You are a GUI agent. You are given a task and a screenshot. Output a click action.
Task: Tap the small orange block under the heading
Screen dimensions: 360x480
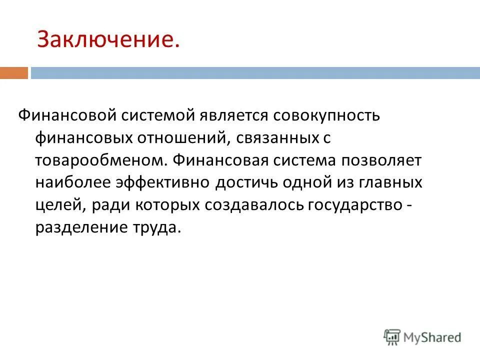tap(14, 73)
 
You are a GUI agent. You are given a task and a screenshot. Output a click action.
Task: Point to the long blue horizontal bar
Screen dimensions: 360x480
tap(255, 73)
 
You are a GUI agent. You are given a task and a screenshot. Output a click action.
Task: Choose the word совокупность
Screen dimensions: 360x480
tap(326, 115)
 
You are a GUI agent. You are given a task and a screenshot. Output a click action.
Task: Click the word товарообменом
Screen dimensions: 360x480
tap(99, 161)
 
